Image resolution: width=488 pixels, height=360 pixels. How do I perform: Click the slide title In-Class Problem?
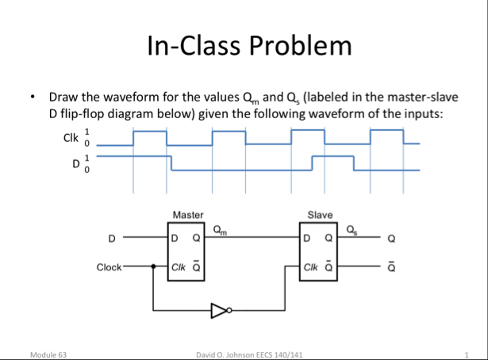click(x=248, y=47)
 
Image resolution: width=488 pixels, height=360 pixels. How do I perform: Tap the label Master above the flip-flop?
click(x=187, y=215)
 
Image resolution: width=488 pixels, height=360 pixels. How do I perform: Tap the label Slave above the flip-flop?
click(x=319, y=215)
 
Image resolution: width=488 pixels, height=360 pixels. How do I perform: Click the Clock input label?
click(x=109, y=267)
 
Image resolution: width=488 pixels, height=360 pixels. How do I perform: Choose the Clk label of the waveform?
click(x=71, y=137)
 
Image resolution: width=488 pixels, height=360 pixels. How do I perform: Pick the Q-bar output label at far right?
click(x=388, y=266)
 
